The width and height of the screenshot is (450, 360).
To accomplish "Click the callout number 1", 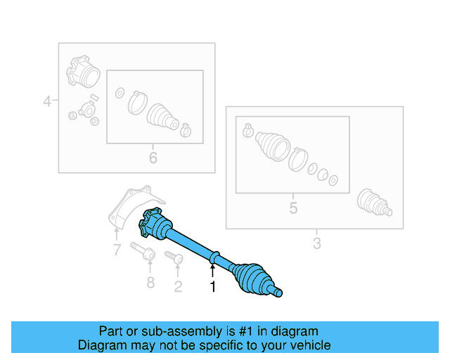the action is click(x=212, y=286).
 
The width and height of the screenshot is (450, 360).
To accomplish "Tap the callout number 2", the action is click(x=177, y=286).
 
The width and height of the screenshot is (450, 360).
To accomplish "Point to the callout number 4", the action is click(x=47, y=101).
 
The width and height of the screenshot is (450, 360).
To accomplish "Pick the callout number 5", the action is click(x=293, y=207).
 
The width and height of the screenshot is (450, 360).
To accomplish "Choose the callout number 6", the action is click(x=153, y=157).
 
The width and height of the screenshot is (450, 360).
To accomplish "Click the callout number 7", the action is click(x=117, y=249).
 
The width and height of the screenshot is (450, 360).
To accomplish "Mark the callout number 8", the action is click(x=149, y=284).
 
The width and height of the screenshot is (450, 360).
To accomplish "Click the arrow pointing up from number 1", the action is click(x=212, y=270).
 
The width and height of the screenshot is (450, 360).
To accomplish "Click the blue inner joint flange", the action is click(x=153, y=224).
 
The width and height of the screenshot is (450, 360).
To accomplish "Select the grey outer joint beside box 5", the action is click(x=373, y=203).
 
